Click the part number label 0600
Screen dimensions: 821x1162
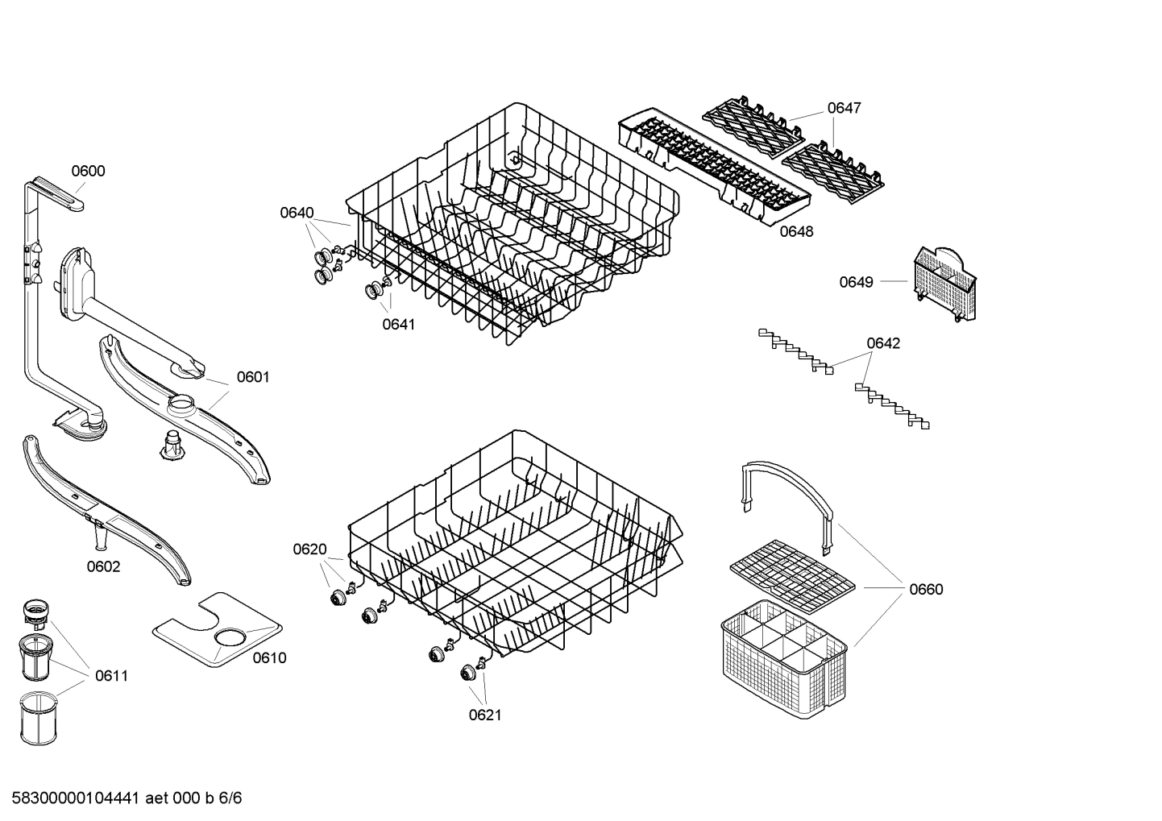coord(88,171)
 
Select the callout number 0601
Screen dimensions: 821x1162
coord(253,377)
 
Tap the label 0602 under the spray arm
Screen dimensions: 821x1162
coord(104,566)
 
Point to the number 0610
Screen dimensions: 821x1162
coord(269,658)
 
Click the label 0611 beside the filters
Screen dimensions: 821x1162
coord(111,676)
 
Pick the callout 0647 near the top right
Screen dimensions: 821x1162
coord(844,108)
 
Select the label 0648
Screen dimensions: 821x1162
coord(796,232)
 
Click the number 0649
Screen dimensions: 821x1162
coord(856,282)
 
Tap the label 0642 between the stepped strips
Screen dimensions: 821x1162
coord(883,343)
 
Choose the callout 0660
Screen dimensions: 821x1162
coord(926,589)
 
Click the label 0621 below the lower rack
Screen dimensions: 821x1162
coord(485,715)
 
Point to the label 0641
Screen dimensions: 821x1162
coord(398,324)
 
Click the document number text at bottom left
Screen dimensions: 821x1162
coord(122,798)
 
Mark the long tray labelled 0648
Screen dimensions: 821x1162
coord(712,165)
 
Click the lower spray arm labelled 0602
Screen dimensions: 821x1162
coord(105,509)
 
